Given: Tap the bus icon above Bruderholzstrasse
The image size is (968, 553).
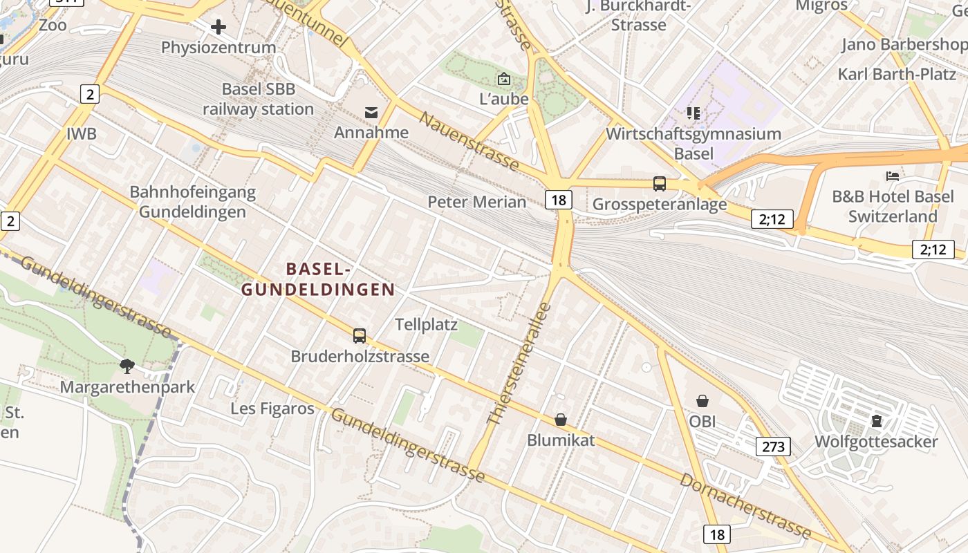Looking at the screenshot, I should click(x=359, y=336).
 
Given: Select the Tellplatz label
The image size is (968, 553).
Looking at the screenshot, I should click(x=426, y=324).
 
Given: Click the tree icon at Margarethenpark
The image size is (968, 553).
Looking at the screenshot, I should click(x=127, y=366).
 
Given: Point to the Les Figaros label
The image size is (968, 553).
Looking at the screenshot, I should click(x=272, y=409).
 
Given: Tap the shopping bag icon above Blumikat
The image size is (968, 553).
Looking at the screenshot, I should click(x=561, y=420).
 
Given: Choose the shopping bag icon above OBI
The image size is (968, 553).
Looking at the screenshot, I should click(x=702, y=401).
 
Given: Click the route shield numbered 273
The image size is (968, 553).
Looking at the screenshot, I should click(x=773, y=447).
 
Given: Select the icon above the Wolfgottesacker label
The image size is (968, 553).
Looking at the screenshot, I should click(x=877, y=420).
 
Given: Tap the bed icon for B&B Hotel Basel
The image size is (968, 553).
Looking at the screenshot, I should click(x=893, y=176).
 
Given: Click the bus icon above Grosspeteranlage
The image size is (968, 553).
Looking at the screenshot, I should click(x=660, y=184).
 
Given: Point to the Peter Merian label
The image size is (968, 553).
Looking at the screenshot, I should click(x=477, y=202).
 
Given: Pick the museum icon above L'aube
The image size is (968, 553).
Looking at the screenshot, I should click(x=503, y=79).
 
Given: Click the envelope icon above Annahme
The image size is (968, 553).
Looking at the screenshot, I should click(x=371, y=113).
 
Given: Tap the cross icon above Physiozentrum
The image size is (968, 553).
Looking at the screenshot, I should click(x=218, y=27).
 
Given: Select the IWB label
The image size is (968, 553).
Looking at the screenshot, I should click(x=82, y=134).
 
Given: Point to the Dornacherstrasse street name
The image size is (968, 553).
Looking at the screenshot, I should click(x=745, y=506).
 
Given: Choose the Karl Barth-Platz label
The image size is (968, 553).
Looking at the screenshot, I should click(x=897, y=74).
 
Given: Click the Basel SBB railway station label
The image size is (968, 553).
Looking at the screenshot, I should click(x=258, y=99).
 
